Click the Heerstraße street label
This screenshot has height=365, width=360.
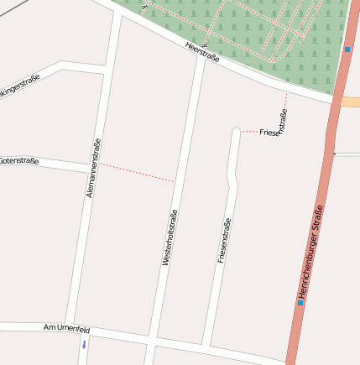[202, 51]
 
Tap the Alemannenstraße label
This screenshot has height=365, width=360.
[94, 168]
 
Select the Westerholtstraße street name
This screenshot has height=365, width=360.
[170, 237]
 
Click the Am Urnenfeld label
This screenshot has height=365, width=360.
[66, 329]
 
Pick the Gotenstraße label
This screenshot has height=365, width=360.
[18, 160]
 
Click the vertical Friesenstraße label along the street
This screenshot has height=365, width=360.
[223, 241]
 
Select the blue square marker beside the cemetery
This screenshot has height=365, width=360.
[347, 49]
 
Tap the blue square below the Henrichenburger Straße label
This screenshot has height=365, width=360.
[300, 302]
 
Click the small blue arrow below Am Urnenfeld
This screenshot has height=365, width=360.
[84, 344]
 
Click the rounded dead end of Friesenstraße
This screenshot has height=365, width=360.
[237, 132]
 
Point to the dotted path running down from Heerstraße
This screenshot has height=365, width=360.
[285, 105]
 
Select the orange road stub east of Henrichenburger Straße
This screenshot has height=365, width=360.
[351, 102]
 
